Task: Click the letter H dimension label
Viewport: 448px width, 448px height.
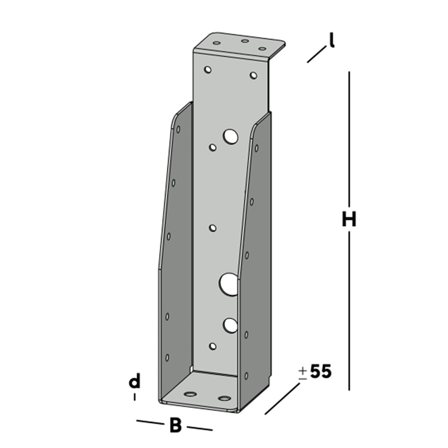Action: (348, 219)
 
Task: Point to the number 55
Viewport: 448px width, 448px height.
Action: (321, 372)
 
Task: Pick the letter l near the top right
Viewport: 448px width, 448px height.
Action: (331, 39)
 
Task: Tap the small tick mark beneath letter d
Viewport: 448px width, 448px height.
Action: (134, 397)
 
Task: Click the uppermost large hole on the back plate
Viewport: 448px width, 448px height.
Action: (231, 137)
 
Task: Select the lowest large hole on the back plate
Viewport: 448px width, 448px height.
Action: (229, 325)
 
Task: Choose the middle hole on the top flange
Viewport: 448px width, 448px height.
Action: (245, 42)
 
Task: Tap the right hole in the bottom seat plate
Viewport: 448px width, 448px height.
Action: (225, 399)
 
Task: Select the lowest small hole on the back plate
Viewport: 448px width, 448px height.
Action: (212, 346)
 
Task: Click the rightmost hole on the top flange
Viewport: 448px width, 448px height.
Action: (262, 48)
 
